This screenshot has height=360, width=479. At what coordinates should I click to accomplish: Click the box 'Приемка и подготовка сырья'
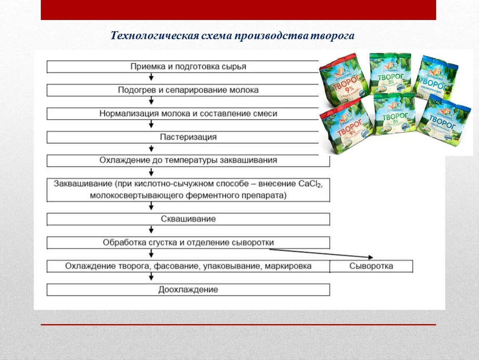click(x=188, y=67)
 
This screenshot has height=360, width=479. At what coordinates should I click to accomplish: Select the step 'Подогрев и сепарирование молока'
click(x=188, y=90)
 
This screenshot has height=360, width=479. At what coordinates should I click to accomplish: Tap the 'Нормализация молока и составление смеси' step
click(x=188, y=114)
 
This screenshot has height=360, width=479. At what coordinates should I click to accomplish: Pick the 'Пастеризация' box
click(x=188, y=137)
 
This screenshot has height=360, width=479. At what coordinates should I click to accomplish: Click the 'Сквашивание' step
click(x=188, y=219)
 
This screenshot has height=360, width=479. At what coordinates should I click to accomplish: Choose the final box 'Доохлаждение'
click(x=188, y=290)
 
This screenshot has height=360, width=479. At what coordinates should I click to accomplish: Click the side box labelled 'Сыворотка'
click(x=371, y=266)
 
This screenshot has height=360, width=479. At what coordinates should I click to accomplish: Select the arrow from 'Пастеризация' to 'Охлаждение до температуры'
click(x=151, y=149)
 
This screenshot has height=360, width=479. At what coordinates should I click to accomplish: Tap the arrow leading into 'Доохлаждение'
click(x=151, y=278)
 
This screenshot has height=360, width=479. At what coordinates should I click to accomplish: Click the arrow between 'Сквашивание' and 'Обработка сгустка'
click(x=151, y=230)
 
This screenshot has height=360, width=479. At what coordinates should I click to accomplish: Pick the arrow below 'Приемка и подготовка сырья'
click(x=151, y=78)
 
